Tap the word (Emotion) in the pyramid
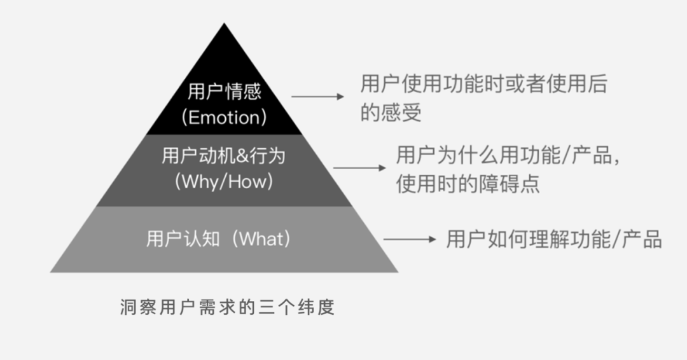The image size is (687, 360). tap(224, 118)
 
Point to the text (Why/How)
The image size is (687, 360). tap(224, 182)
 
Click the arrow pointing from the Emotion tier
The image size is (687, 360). tap(317, 97)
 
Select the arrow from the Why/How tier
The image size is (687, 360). tap(359, 168)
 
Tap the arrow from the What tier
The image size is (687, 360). tap(410, 240)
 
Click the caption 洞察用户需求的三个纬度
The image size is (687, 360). tap(227, 308)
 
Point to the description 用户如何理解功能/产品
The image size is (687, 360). tap(553, 240)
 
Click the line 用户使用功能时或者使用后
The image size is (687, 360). tap(483, 84)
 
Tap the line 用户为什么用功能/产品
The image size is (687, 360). tap(507, 155)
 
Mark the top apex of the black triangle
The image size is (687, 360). tap(224, 24)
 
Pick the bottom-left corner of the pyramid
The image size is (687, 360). tap(52, 272)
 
